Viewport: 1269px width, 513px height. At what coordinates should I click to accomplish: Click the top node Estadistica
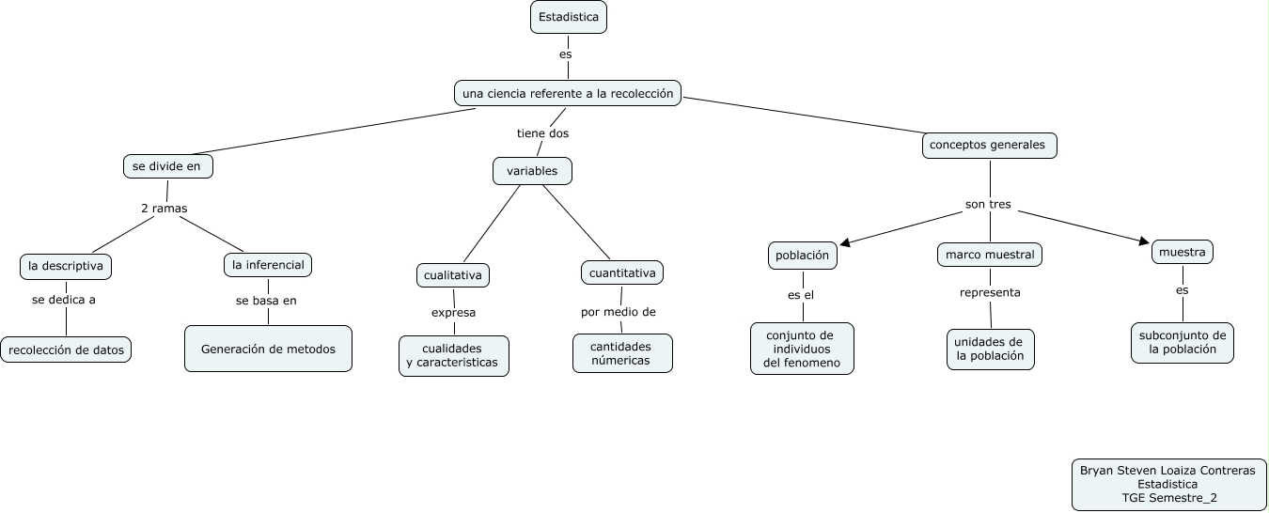568,17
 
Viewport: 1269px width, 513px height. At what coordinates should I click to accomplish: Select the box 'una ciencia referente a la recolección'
568,93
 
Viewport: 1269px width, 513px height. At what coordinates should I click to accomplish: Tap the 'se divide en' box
168,166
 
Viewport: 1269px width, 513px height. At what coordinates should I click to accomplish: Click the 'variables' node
532,171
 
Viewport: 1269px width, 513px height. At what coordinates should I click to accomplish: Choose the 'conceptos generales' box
989,146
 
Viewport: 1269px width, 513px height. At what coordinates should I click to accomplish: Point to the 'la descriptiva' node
66,266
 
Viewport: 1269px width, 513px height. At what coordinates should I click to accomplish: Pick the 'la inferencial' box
268,265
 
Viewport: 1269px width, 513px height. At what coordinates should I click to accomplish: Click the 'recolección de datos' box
66,350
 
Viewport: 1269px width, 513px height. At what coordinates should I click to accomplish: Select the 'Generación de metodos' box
268,349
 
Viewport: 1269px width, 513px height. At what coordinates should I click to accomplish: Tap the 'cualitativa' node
453,275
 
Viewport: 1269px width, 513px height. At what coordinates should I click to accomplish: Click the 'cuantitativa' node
622,272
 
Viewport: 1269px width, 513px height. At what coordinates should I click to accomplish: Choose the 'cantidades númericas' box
622,353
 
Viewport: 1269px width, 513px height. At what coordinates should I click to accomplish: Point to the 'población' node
802,255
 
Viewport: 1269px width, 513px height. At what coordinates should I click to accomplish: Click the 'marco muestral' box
990,255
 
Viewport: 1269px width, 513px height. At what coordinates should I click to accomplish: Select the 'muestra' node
1182,252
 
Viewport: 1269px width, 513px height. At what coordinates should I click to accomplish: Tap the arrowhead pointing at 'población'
846,243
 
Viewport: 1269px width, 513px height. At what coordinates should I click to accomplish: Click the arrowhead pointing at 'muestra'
1144,241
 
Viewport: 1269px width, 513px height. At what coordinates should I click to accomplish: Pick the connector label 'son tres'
988,204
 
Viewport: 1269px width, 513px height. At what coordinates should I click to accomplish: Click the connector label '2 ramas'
164,209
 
